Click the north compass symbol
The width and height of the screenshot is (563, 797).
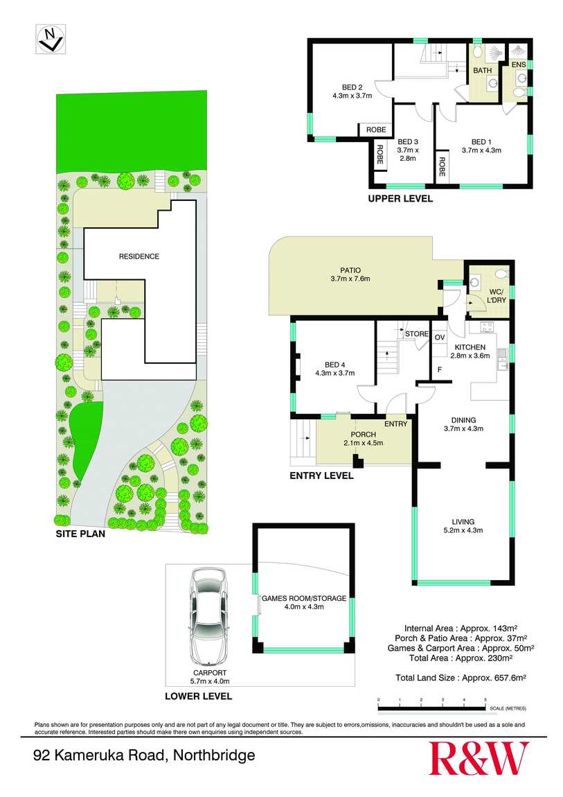point(49,39)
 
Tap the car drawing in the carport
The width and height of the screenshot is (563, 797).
point(208,614)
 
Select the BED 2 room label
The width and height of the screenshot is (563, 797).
point(352,87)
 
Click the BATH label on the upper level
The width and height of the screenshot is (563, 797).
point(483,71)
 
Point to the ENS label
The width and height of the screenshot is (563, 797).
point(519,64)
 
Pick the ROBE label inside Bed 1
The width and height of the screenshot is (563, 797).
point(441,167)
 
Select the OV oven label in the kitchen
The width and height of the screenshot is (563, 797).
point(439,338)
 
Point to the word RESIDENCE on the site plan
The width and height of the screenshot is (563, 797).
point(138,256)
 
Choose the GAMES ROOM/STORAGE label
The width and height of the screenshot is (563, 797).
point(304,598)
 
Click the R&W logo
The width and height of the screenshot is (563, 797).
point(479,757)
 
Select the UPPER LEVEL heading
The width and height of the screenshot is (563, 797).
point(400,199)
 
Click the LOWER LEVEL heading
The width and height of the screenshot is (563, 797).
point(198,697)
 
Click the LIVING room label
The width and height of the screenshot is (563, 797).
point(463,522)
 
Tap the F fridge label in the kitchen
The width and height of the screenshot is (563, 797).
point(439,369)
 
